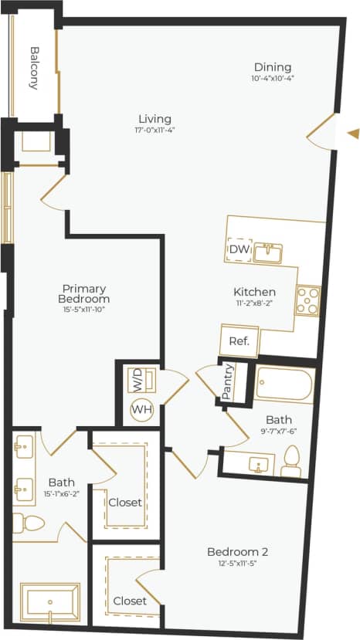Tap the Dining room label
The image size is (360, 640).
(x=273, y=66)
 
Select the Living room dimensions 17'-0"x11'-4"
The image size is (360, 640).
(x=155, y=130)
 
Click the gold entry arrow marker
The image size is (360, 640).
(x=353, y=133)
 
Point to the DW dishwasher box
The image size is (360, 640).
(x=238, y=249)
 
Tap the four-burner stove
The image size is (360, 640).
(x=307, y=300)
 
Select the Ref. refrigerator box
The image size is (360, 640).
(x=239, y=340)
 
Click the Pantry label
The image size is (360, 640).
(x=227, y=381)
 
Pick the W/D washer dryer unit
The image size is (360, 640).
(x=139, y=380)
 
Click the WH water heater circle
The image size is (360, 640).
(x=141, y=408)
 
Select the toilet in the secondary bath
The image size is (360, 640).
(x=291, y=462)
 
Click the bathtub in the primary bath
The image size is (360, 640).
(x=49, y=602)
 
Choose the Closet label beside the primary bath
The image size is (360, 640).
(x=125, y=502)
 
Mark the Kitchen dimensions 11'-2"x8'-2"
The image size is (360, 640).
(x=255, y=304)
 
